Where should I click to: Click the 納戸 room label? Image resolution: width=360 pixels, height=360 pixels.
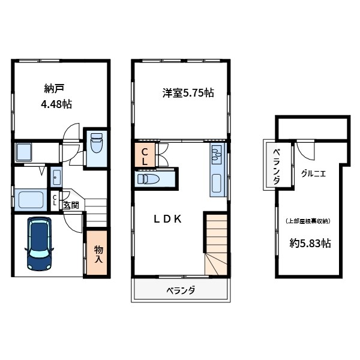(x=54, y=89)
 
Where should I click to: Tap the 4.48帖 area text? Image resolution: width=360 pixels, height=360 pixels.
(x=56, y=104)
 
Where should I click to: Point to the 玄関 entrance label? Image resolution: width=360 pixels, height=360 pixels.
(x=71, y=206)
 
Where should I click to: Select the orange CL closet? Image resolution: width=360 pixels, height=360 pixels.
(x=145, y=157)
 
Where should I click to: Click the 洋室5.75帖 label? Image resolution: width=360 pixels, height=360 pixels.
(x=188, y=93)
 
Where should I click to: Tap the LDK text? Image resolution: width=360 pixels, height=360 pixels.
(x=167, y=220)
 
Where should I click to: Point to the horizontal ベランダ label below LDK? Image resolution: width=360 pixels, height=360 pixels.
(x=180, y=291)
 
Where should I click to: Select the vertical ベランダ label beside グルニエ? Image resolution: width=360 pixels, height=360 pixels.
(x=276, y=165)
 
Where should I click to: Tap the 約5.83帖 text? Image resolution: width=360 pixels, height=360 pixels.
(x=310, y=244)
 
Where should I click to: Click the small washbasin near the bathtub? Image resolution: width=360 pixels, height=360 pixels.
(x=56, y=178)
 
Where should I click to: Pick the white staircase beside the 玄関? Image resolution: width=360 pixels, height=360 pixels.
(x=96, y=212)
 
